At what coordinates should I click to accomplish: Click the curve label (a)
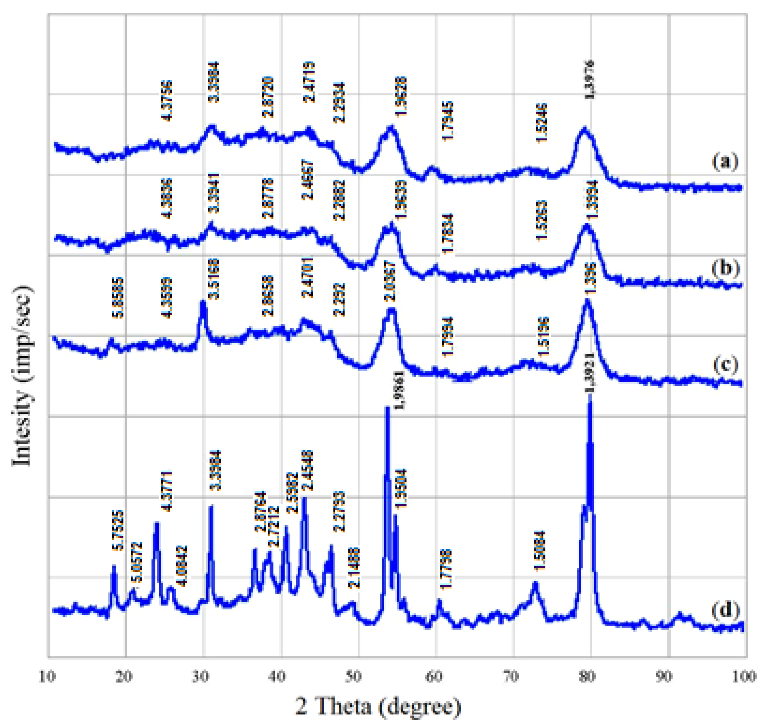tap(724, 161)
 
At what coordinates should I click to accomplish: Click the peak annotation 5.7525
tap(118, 530)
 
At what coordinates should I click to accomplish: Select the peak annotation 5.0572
tap(137, 562)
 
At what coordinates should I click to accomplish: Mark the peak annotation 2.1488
tap(354, 568)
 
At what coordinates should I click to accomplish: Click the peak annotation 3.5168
tap(213, 279)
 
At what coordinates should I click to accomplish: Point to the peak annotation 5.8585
tap(118, 297)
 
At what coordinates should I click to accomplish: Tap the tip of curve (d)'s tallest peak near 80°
tap(590, 395)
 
